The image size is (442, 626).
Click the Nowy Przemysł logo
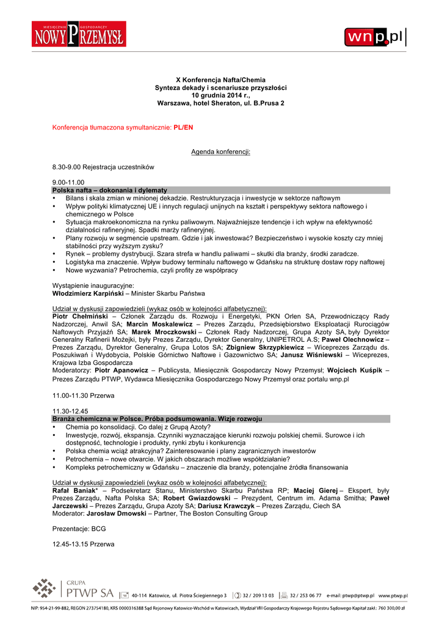79,35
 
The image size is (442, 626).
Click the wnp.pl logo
375,37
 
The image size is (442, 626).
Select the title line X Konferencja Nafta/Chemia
220,80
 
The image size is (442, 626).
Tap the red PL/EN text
183,128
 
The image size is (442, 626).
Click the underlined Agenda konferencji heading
220,151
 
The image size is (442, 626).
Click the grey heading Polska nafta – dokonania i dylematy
110,190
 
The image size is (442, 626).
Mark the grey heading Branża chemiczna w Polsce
157,419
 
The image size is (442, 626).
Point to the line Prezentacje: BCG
79,529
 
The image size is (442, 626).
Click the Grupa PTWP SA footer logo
73,591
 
